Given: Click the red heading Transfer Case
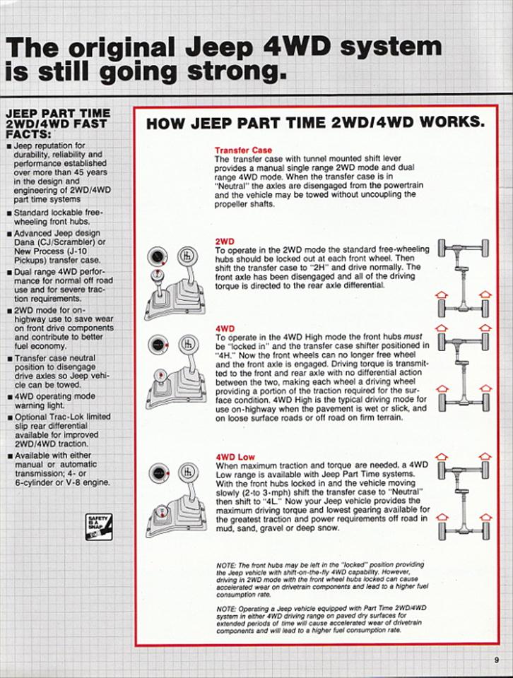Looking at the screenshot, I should coord(243,150).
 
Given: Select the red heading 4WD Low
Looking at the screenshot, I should coord(235,457).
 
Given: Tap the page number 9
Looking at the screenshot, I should coord(497,660).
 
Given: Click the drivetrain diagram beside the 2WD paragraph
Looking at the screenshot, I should coord(463,278).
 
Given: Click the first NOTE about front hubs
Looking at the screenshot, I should coord(322,579).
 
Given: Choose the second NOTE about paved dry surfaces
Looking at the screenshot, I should coord(322,619).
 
